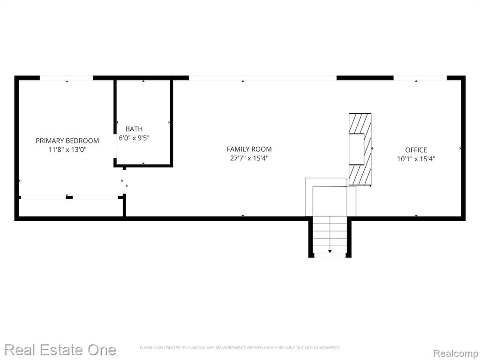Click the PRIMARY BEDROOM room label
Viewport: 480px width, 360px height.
(x=67, y=141)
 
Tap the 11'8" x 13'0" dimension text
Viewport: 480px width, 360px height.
(x=67, y=150)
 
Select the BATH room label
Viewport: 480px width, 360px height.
(x=134, y=129)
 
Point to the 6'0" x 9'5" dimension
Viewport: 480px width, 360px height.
(x=134, y=138)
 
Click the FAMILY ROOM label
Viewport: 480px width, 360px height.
(x=249, y=149)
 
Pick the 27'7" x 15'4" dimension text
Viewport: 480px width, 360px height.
(x=249, y=158)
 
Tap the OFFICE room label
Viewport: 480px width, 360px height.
(x=416, y=150)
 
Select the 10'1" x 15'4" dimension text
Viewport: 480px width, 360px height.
(x=416, y=159)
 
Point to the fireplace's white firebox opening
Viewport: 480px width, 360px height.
(x=357, y=149)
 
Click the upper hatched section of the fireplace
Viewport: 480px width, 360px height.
(x=360, y=123)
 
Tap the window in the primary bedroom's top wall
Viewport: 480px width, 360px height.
(x=67, y=78)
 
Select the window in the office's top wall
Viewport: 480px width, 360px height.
(x=420, y=78)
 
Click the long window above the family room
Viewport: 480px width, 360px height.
(x=262, y=78)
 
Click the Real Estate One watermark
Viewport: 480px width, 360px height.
(x=60, y=350)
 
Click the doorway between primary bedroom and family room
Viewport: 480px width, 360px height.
(x=125, y=181)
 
